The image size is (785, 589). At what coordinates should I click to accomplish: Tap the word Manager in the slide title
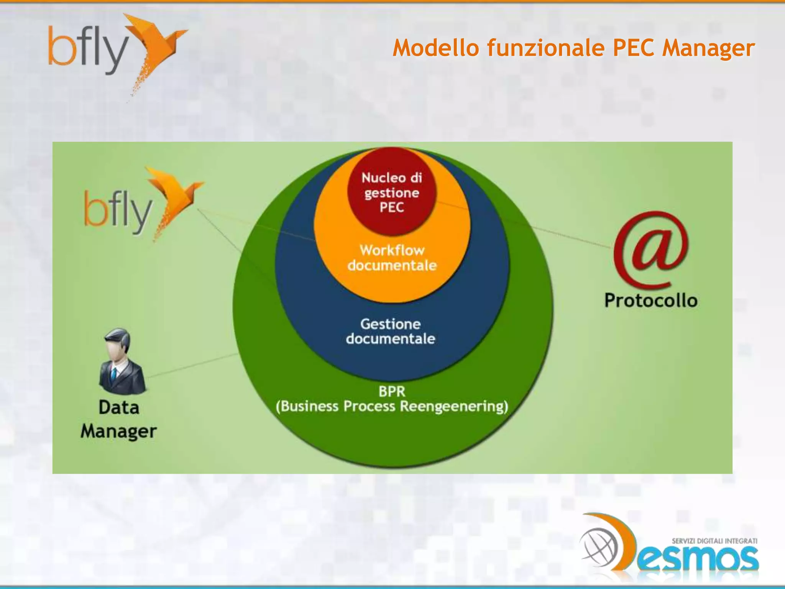tap(708, 49)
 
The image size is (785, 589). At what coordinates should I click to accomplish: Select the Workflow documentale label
tap(392, 258)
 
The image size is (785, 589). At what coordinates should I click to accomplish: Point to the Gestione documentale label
tap(391, 331)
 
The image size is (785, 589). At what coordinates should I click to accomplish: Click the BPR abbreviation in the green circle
tap(391, 392)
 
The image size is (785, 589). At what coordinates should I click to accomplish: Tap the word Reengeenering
tap(454, 406)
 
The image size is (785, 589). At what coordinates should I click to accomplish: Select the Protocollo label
tap(650, 300)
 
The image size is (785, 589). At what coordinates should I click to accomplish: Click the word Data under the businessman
tap(118, 407)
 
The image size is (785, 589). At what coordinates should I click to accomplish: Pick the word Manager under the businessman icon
tap(118, 431)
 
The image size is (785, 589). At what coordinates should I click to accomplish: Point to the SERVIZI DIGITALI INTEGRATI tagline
tap(714, 541)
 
